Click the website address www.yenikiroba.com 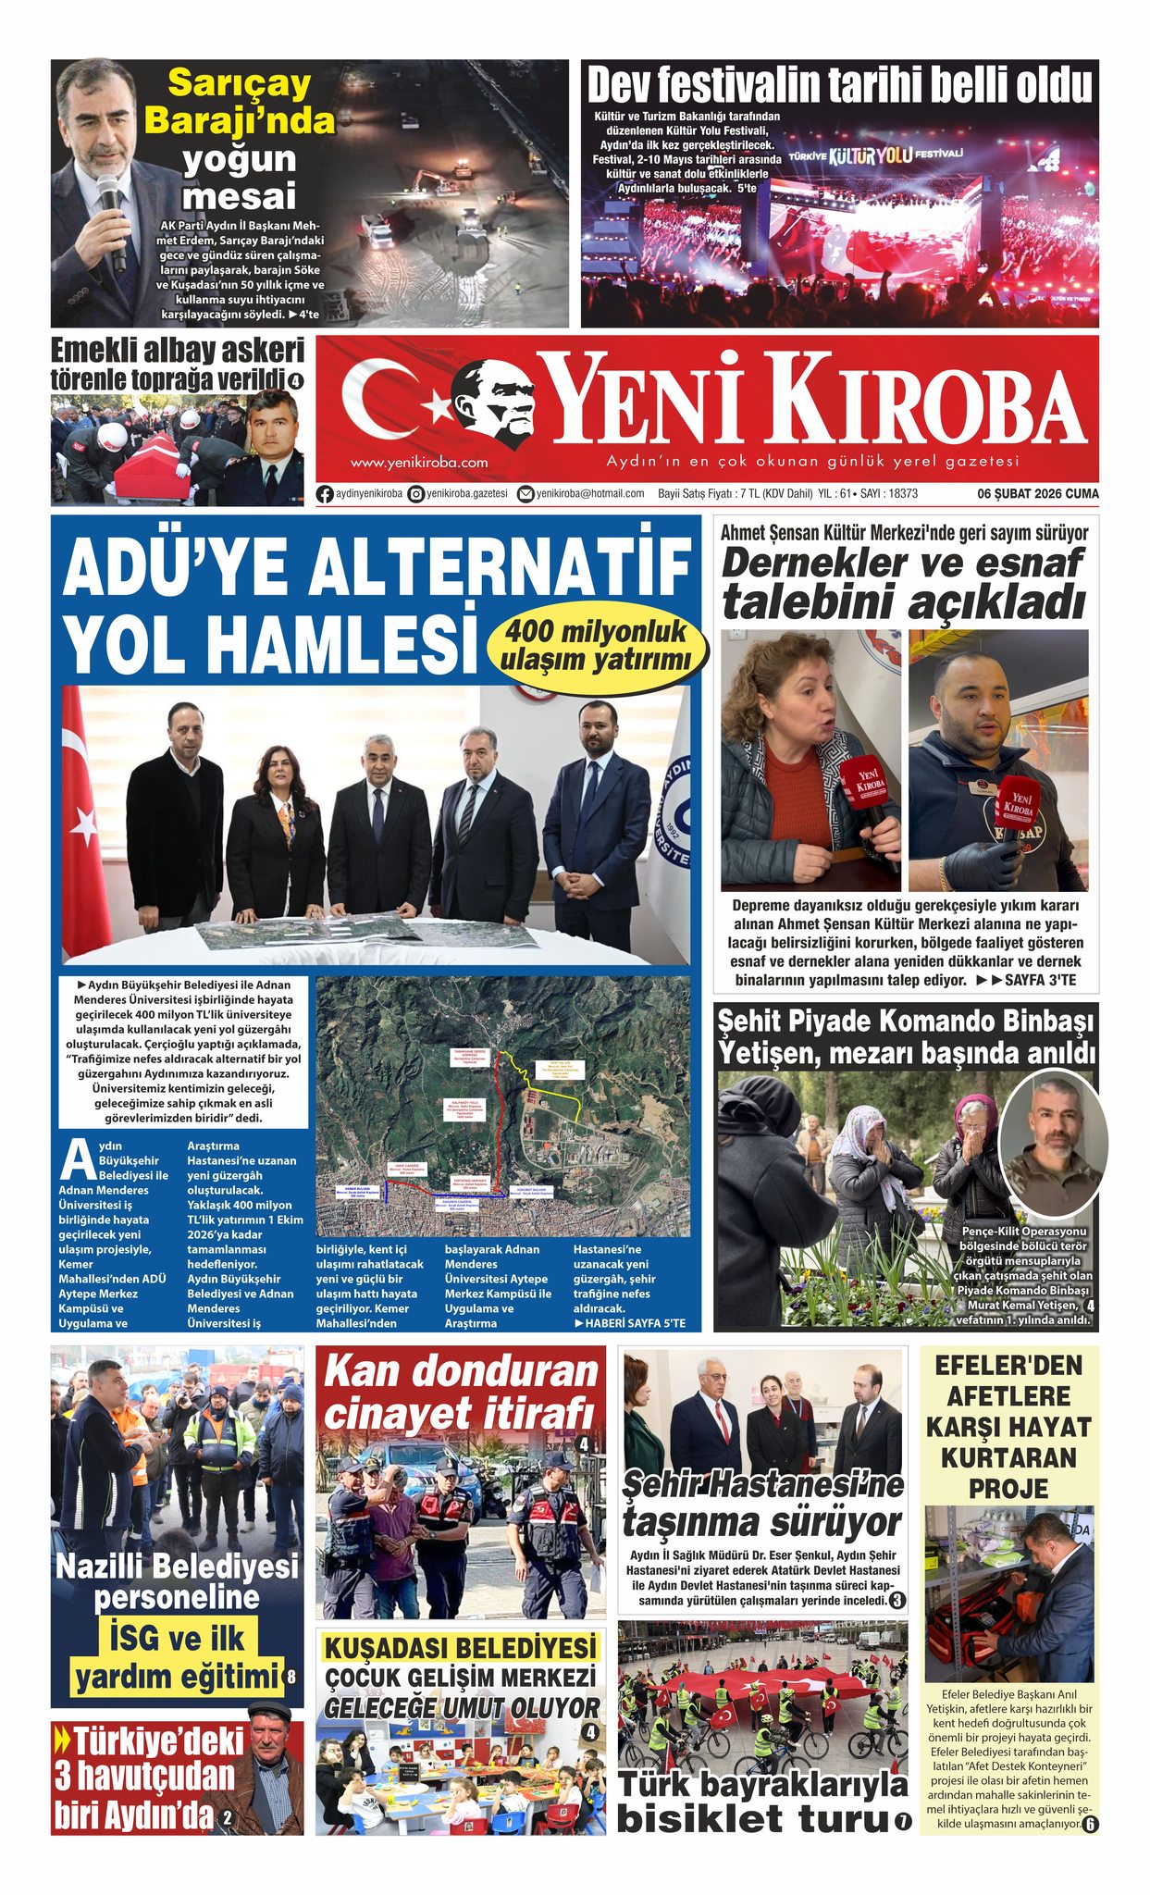click(x=418, y=462)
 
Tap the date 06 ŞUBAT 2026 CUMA click(x=1038, y=494)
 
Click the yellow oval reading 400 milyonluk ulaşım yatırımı click(x=595, y=645)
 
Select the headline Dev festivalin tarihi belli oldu click(x=839, y=85)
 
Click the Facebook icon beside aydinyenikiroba click(x=325, y=494)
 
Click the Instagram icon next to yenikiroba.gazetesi click(x=416, y=494)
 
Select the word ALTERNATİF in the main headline click(x=501, y=565)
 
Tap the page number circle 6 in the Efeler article click(x=1089, y=1825)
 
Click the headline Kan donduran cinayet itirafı click(x=461, y=1392)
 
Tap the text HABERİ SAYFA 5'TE click(x=630, y=1323)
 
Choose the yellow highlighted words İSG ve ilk click(x=176, y=1637)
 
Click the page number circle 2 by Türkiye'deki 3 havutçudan click(x=227, y=1820)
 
